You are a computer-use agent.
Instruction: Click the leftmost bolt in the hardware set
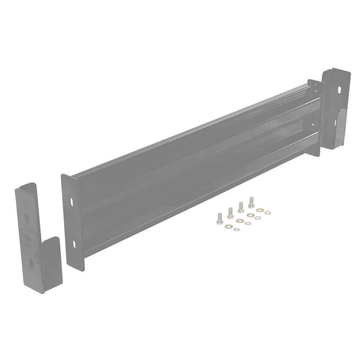219,218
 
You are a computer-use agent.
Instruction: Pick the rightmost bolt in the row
251,202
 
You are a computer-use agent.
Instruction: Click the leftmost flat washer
229,226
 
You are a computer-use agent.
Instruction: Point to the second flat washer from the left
240,220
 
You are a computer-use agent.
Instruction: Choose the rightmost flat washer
260,210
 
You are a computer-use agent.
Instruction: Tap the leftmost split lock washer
236,229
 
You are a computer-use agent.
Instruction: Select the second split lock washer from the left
247,223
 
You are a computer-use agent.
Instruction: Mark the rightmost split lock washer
267,213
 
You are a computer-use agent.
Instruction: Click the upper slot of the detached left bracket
27,220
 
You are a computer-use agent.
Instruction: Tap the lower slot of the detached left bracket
31,262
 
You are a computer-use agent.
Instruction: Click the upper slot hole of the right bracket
339,90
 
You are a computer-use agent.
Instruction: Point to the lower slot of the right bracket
335,123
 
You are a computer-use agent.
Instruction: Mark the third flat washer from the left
250,215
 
